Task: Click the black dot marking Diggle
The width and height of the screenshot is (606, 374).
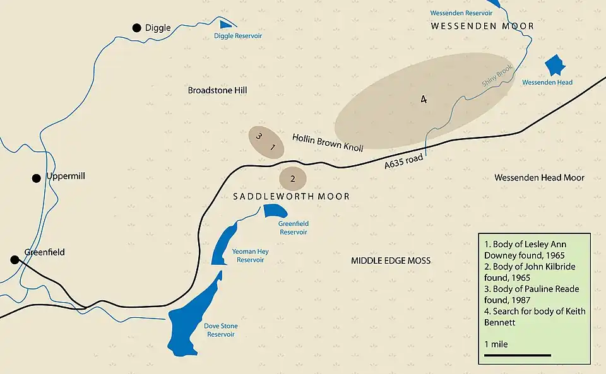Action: point(136,28)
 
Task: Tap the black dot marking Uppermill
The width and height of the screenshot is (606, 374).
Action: point(37,178)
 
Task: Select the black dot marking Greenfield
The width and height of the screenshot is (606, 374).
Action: point(14,259)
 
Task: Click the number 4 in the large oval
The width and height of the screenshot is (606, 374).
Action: point(424,99)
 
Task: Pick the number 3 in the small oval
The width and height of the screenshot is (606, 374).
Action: point(258,136)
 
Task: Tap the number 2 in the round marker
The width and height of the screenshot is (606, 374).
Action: point(293,178)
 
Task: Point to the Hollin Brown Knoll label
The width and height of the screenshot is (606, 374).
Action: point(328,142)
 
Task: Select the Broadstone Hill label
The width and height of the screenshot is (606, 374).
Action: point(218,90)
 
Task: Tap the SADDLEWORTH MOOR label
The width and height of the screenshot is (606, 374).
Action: point(291,197)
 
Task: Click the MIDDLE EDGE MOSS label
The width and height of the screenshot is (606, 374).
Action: point(391,260)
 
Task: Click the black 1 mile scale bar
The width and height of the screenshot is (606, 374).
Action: point(517,355)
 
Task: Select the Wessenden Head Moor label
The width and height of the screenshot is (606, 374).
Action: point(539,178)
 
